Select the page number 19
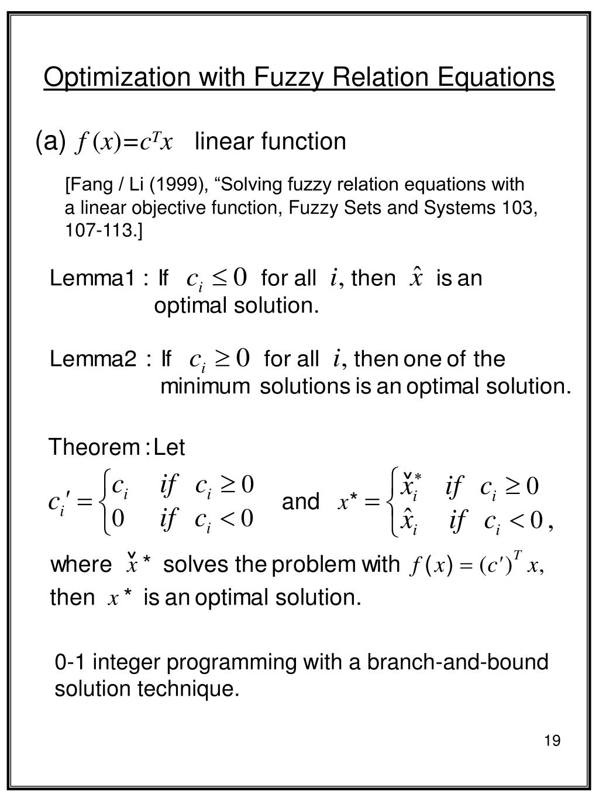click(x=552, y=741)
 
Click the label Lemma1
click(x=92, y=278)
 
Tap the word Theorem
click(x=92, y=448)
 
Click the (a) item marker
click(x=50, y=141)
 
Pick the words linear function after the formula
click(x=270, y=141)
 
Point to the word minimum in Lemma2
click(x=205, y=386)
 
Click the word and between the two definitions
click(x=301, y=502)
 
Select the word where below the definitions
click(x=81, y=565)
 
